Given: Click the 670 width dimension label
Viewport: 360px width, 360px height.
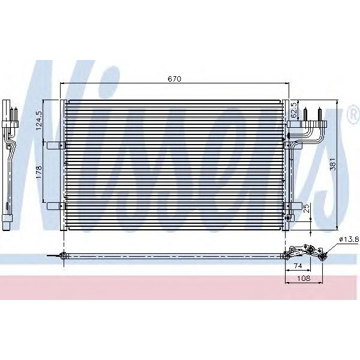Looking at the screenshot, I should pyautogui.click(x=175, y=79).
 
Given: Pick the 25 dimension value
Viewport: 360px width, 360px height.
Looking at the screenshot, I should pyautogui.click(x=306, y=209).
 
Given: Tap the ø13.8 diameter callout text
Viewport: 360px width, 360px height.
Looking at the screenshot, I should pyautogui.click(x=348, y=239).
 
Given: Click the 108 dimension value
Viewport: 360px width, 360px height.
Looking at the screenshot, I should pyautogui.click(x=305, y=279).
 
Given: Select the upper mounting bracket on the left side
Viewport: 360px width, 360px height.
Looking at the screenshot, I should pyautogui.click(x=55, y=145).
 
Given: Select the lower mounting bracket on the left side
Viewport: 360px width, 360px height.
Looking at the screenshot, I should pyautogui.click(x=55, y=205).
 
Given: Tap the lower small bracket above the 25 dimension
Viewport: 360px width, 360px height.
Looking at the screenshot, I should pyautogui.click(x=292, y=206).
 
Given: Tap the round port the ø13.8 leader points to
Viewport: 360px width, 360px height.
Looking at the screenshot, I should pyautogui.click(x=322, y=257).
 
